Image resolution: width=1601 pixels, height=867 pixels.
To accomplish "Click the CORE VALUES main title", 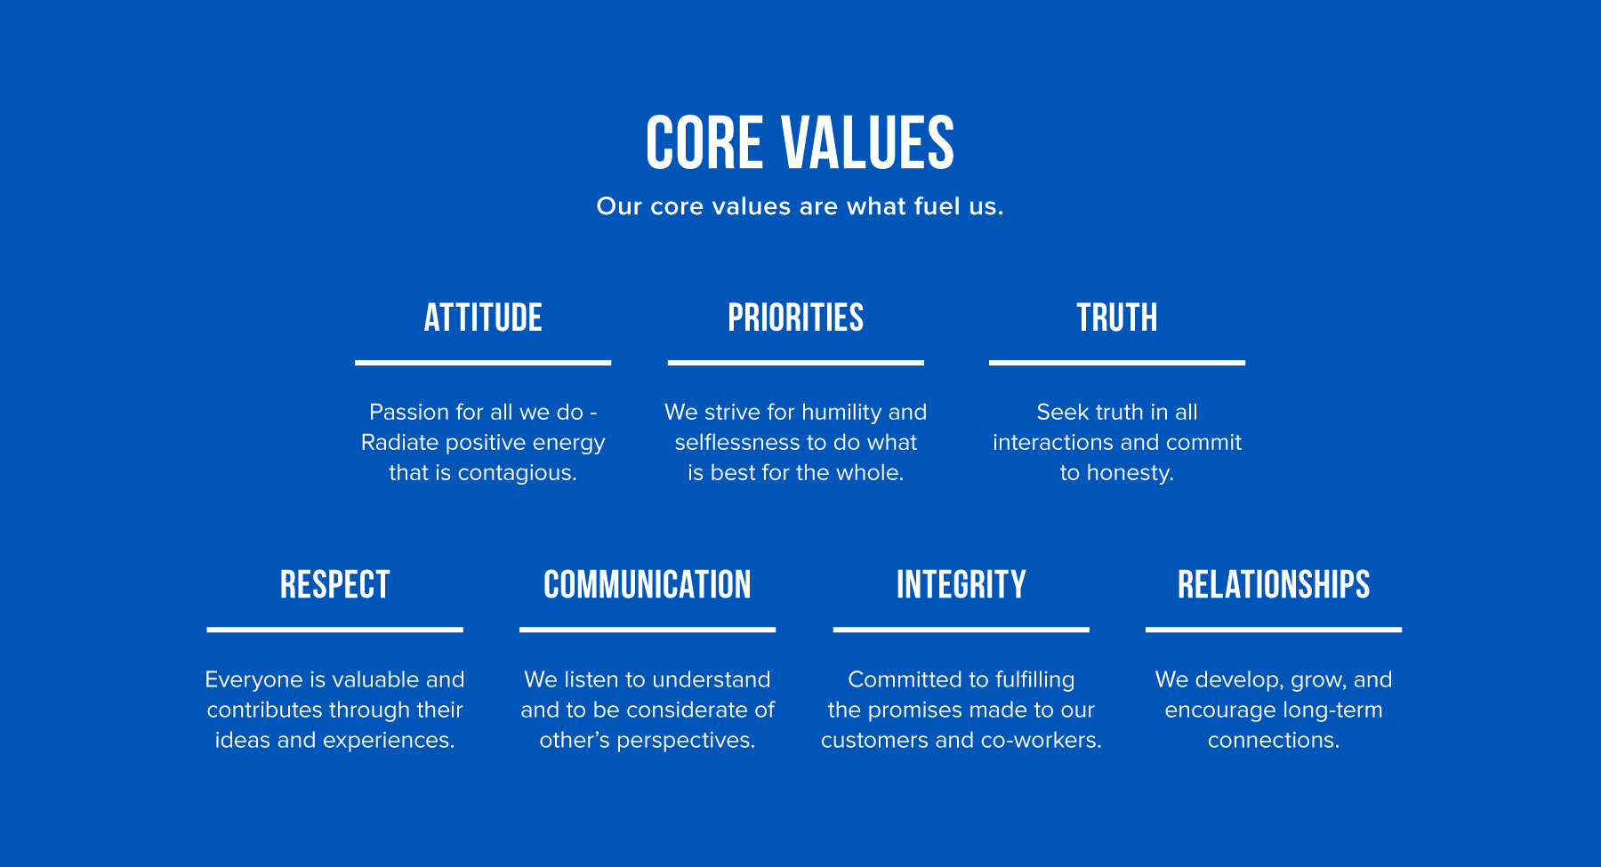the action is click(800, 142).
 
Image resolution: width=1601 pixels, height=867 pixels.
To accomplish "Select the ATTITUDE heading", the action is click(483, 317).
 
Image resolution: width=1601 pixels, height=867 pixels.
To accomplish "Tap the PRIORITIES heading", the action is click(796, 317).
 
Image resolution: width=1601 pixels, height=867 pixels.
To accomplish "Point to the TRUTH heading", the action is click(1117, 317).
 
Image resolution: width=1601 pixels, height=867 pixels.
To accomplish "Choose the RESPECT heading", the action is click(335, 585).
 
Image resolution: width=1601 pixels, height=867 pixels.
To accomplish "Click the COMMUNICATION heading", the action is click(648, 585).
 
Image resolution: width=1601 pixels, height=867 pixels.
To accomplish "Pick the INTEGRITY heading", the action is click(961, 585).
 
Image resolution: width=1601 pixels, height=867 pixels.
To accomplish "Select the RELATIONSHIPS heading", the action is click(1274, 585).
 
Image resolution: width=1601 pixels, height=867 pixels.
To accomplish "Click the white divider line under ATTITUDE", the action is click(483, 363).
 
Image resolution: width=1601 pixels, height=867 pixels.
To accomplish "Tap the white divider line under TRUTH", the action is click(1117, 363).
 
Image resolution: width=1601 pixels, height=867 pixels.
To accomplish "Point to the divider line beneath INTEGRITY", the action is click(961, 630).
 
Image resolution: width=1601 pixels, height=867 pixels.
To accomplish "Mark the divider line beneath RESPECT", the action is click(335, 630).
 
